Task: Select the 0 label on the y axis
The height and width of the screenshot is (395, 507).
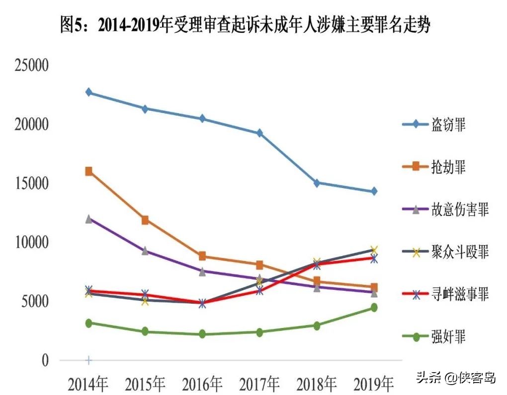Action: [x=45, y=360]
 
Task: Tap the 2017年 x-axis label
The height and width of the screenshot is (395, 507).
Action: [x=259, y=384]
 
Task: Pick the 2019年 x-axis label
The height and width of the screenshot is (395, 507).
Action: [x=373, y=384]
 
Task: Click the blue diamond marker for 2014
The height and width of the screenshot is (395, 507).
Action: [x=89, y=92]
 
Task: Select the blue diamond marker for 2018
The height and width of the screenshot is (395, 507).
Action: [x=317, y=183]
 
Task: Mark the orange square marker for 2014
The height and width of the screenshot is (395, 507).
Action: [x=89, y=171]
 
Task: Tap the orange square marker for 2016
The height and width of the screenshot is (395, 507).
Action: [x=202, y=256]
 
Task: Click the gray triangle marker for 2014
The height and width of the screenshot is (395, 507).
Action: [x=89, y=219]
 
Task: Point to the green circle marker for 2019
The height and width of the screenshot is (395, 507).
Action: [x=374, y=308]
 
